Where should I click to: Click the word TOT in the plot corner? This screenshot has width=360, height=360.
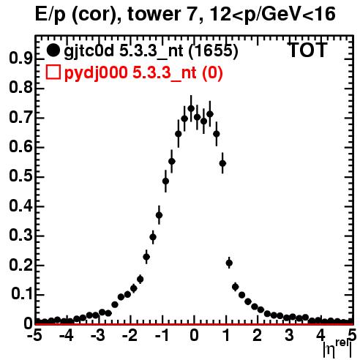307,50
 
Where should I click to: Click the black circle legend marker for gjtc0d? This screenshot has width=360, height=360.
53,50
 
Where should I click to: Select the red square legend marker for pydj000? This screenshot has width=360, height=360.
53,72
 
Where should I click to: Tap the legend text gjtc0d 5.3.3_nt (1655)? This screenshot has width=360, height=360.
151,51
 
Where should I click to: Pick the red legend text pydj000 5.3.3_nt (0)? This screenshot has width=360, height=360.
143,72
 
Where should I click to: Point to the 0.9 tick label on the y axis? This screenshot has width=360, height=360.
20,59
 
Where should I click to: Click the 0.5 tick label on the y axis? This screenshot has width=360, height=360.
20,176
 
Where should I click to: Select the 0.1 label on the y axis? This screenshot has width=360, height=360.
21,294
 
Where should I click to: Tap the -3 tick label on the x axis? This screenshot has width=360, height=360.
98,335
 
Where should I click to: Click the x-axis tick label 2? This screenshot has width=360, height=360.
258,335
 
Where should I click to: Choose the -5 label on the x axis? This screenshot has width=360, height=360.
34,335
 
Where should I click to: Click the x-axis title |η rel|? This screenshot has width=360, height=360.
337,348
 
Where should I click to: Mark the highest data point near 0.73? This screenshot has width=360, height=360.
191,108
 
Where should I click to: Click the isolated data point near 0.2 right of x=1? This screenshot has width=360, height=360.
229,263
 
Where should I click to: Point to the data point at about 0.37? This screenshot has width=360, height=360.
159,215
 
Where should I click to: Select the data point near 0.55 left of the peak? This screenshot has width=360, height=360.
172,161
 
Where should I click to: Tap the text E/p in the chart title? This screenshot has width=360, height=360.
50,15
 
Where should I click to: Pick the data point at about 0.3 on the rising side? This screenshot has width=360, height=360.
153,237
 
